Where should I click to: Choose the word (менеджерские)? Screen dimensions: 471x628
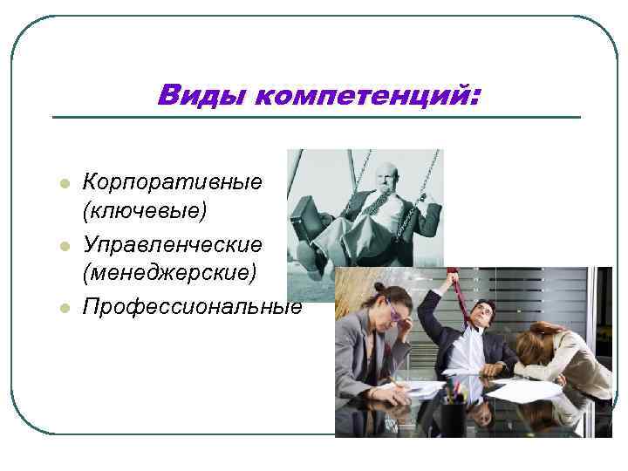(x=169, y=273)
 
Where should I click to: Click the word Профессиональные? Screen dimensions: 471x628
(x=192, y=306)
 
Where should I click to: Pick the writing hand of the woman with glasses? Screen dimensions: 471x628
(x=399, y=383)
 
